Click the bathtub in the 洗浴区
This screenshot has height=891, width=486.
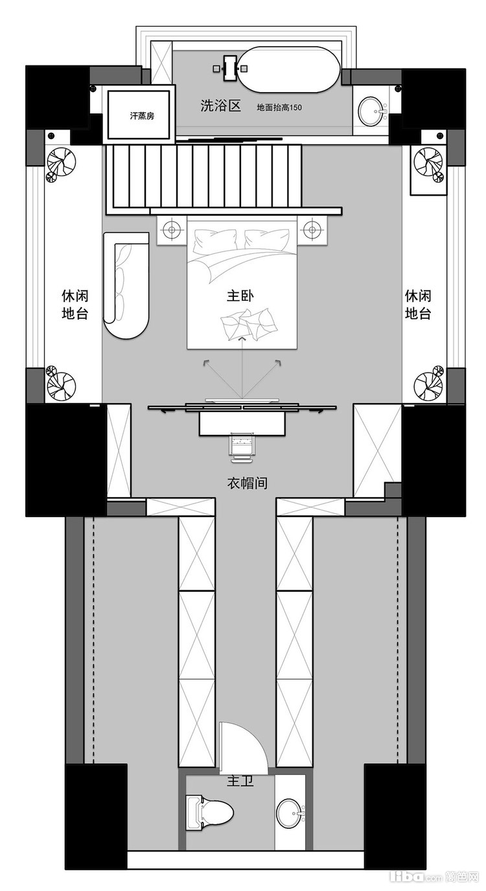click(x=289, y=69)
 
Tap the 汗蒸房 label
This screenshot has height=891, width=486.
click(x=142, y=116)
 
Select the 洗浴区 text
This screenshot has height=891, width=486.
click(x=220, y=106)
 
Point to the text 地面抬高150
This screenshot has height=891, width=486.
click(x=279, y=108)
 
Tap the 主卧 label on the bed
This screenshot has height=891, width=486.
click(x=240, y=295)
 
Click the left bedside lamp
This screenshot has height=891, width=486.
click(x=172, y=229)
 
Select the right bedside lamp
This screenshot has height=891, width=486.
click(x=312, y=229)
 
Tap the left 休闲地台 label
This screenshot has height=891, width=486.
click(x=75, y=305)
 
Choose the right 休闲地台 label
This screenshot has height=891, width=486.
click(x=418, y=305)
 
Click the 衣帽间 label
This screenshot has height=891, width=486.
click(x=247, y=483)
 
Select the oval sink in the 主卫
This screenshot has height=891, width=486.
click(x=291, y=811)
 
